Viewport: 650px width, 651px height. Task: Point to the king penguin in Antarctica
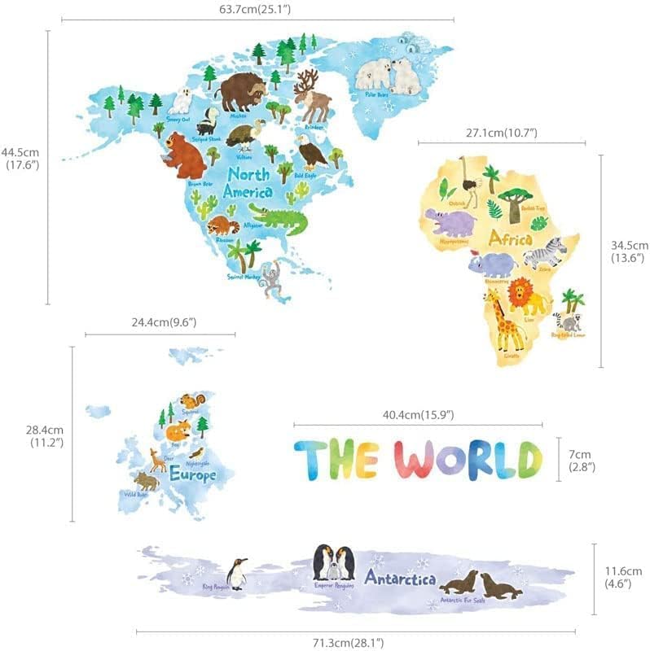point(237,574)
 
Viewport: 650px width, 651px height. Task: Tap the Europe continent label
point(192,474)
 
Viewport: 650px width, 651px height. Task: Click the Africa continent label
point(511,239)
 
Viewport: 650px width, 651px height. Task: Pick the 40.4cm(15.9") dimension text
point(418,415)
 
